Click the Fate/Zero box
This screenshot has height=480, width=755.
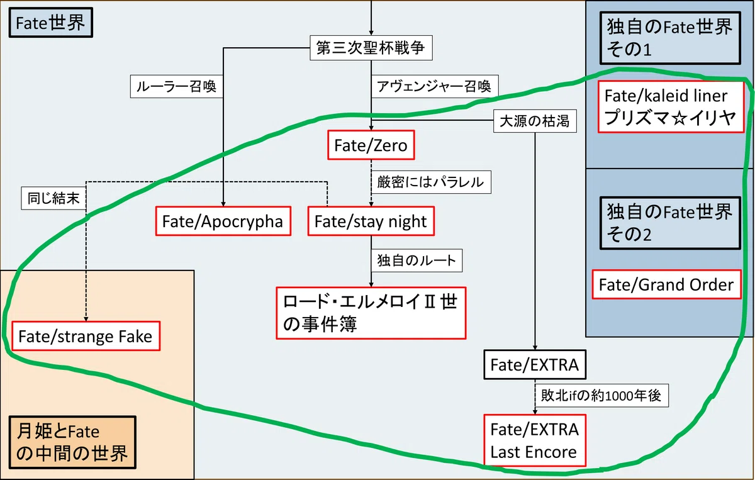click(x=371, y=145)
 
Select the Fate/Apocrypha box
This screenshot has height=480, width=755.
click(x=223, y=221)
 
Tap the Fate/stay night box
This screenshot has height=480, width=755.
click(x=371, y=221)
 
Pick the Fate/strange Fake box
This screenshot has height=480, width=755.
click(x=86, y=336)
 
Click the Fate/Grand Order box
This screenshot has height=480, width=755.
click(x=667, y=284)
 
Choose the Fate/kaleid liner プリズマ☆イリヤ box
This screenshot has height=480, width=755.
click(x=671, y=106)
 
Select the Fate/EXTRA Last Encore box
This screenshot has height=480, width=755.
click(x=535, y=440)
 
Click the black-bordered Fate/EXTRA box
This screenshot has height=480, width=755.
click(x=535, y=365)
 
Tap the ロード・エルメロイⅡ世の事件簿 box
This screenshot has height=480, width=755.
click(x=371, y=313)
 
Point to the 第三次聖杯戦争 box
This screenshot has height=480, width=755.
click(x=371, y=48)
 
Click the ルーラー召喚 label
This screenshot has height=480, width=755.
click(x=177, y=87)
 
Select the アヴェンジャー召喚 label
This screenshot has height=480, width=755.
click(x=435, y=87)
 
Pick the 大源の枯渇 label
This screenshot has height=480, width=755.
click(x=535, y=121)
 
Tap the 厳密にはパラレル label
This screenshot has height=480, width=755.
click(x=431, y=182)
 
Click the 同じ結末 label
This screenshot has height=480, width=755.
click(x=53, y=198)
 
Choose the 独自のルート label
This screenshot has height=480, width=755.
click(x=417, y=260)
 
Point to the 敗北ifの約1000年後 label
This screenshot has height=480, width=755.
click(x=601, y=396)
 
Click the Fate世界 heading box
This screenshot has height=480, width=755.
click(x=51, y=23)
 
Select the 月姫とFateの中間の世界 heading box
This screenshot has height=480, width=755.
click(x=72, y=442)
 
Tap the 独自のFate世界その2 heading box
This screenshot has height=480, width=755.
click(x=670, y=223)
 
